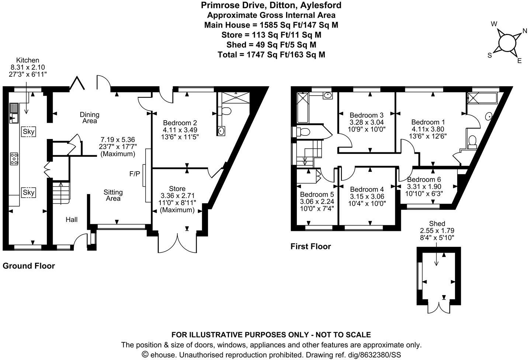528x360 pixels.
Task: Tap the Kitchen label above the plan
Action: click(28, 60)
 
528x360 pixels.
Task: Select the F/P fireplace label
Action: click(135, 173)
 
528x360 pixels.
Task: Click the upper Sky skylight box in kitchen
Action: click(28, 131)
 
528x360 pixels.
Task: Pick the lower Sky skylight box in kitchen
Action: click(28, 192)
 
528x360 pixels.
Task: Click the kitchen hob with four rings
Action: click(14, 159)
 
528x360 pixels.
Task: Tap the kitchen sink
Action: click(14, 113)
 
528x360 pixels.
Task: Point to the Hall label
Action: click(72, 220)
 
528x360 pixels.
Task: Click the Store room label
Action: click(177, 188)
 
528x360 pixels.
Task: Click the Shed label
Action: click(437, 224)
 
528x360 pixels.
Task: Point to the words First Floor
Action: click(310, 246)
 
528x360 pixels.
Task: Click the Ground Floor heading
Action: click(29, 266)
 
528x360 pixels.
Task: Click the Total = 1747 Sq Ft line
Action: click(271, 55)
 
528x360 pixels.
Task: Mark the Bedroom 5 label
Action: click(317, 194)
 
